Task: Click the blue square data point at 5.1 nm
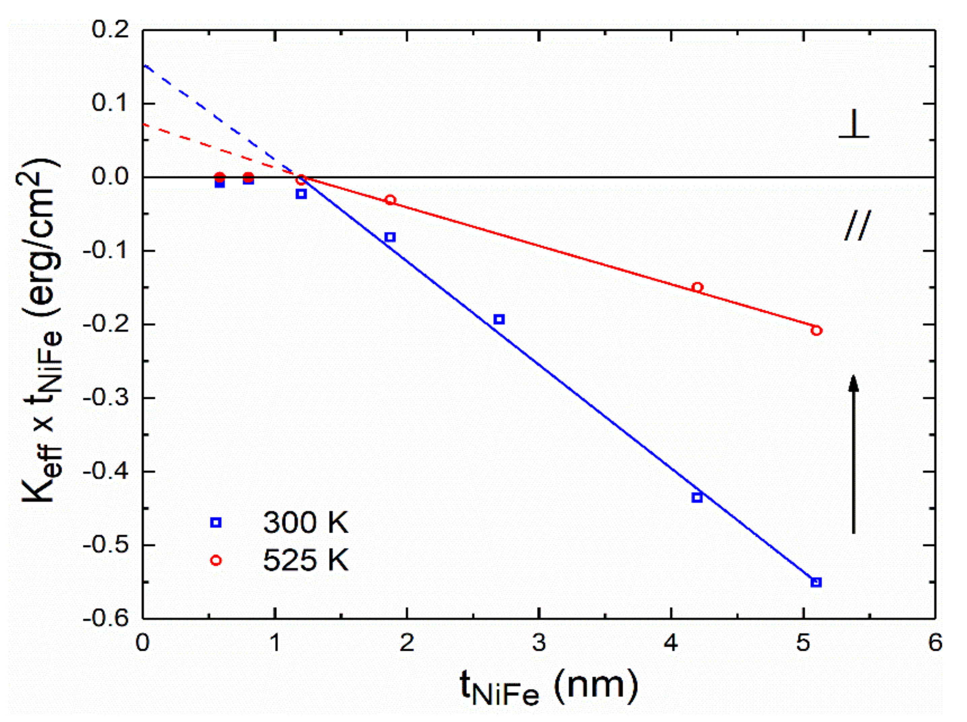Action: (x=816, y=582)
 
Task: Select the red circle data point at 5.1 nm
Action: (x=816, y=331)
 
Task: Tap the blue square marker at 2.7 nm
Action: (x=499, y=319)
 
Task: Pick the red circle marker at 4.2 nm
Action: (x=697, y=287)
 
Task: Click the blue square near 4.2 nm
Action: (x=697, y=497)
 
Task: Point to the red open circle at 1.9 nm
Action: (x=390, y=200)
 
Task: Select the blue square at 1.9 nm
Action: (x=390, y=237)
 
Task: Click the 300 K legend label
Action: (x=305, y=522)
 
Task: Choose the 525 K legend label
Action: (x=305, y=560)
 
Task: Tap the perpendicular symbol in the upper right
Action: (x=854, y=127)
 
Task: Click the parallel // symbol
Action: (x=857, y=226)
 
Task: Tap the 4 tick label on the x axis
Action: (x=671, y=643)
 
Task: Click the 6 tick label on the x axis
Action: (x=935, y=643)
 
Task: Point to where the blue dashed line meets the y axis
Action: (x=144, y=66)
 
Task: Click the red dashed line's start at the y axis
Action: (x=144, y=124)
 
